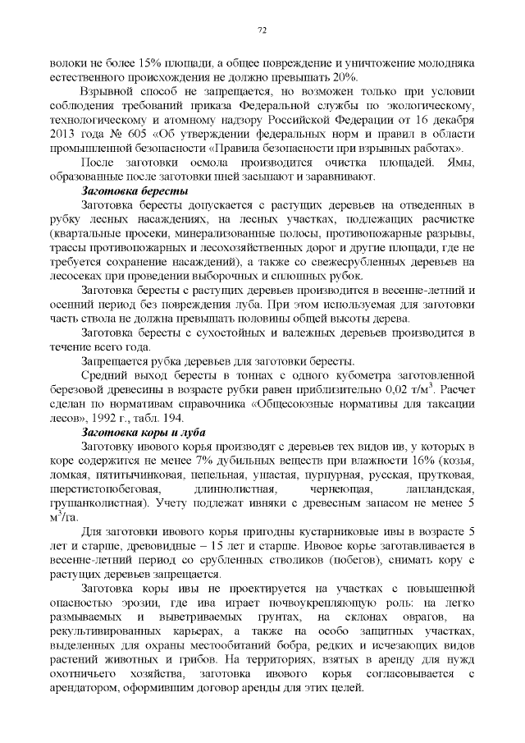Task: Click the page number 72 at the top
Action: point(262,30)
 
